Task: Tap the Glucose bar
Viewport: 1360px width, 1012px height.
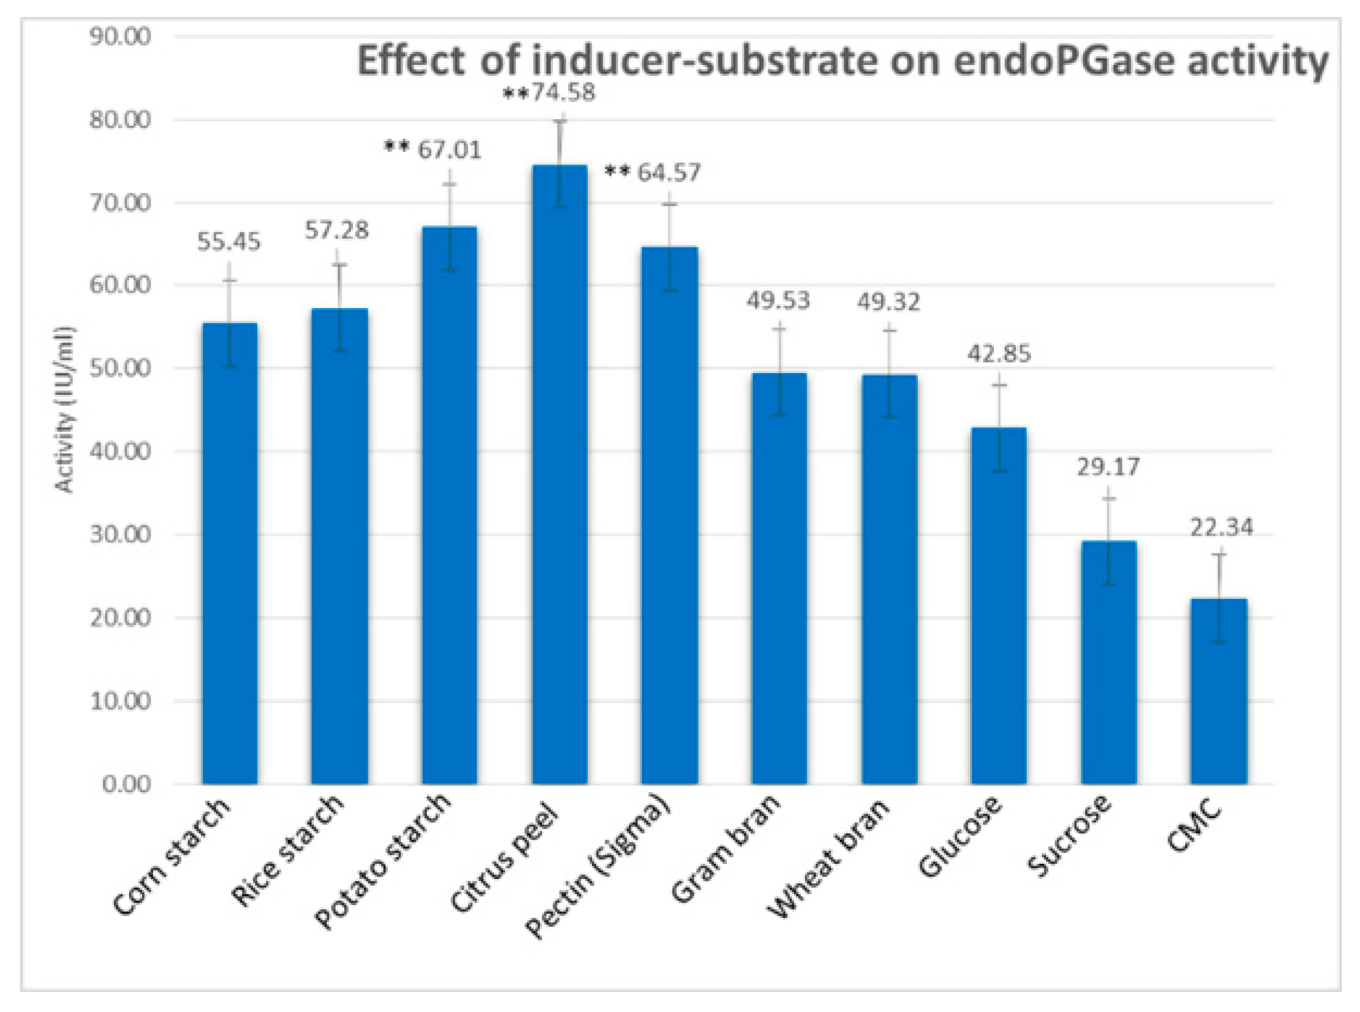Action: click(999, 606)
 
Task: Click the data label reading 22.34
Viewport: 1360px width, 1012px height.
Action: click(1222, 527)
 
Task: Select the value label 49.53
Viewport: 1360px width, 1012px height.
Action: click(778, 300)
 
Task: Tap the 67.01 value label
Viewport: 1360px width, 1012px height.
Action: click(450, 150)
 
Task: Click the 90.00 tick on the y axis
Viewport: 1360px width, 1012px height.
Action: click(120, 37)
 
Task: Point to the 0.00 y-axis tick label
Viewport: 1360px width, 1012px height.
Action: click(126, 784)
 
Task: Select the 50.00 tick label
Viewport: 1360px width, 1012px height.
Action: click(120, 368)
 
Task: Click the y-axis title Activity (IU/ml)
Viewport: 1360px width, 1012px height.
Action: click(64, 410)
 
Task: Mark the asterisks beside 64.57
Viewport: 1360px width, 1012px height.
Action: click(617, 172)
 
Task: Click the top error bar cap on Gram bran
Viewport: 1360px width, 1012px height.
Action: click(779, 329)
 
